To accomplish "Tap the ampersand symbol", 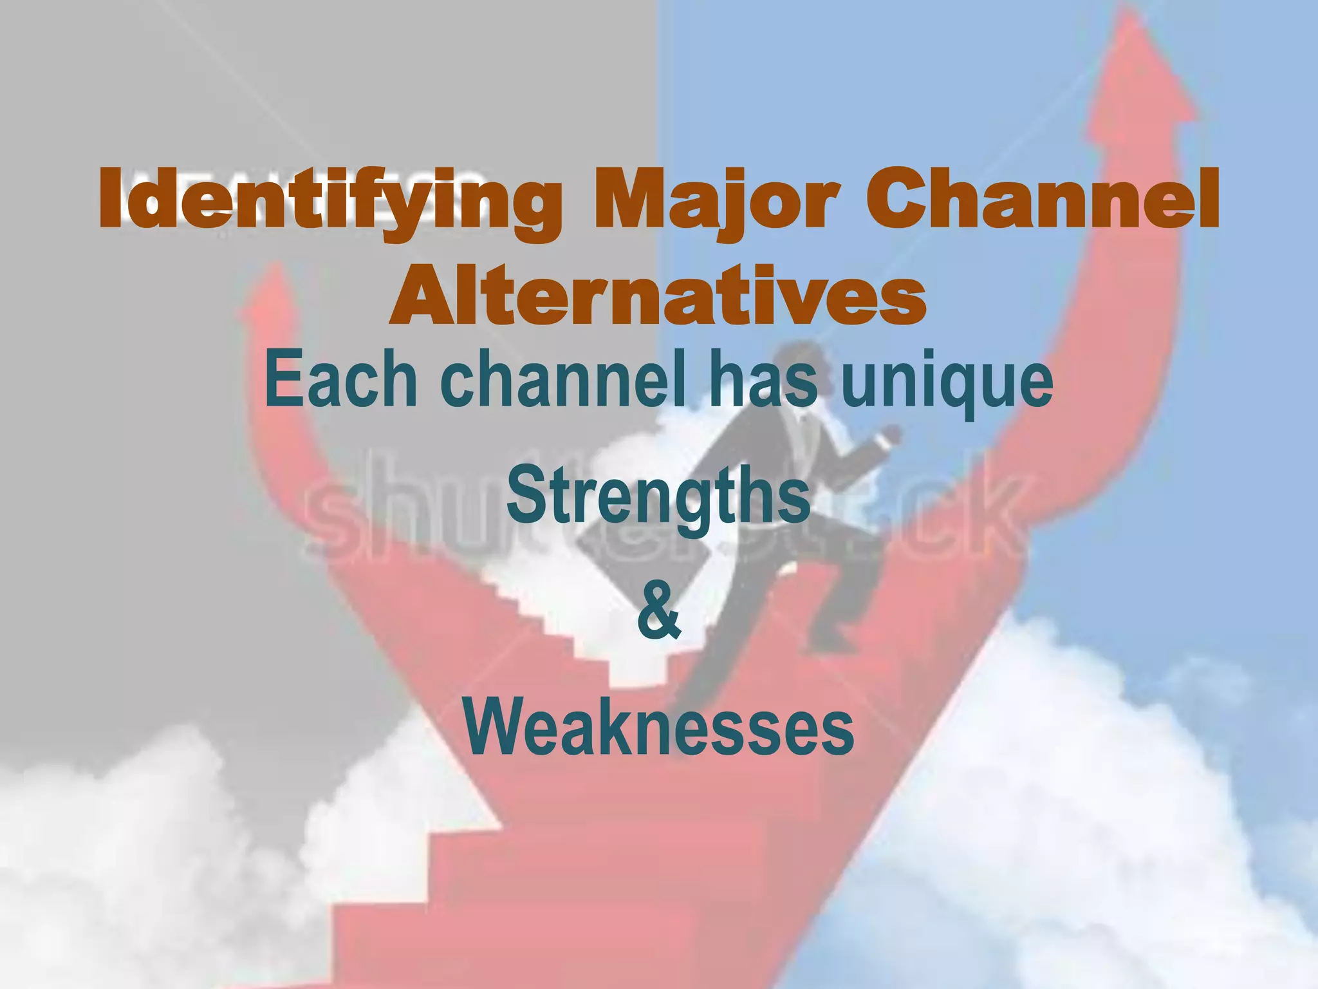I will coord(658,608).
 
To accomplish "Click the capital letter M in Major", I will coord(634,198).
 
